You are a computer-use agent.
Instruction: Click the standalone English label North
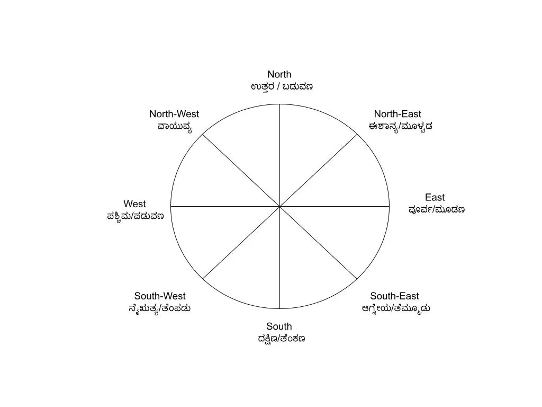(x=279, y=75)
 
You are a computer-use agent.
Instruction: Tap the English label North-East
(x=398, y=114)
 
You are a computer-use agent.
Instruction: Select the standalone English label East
(x=435, y=198)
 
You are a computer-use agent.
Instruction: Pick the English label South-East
(x=394, y=296)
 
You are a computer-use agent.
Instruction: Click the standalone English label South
(x=279, y=326)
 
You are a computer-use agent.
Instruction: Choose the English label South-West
(x=160, y=296)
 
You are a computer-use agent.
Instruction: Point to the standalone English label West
(x=134, y=204)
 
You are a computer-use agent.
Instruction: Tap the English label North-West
(x=174, y=114)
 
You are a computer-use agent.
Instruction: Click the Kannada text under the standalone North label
(x=282, y=86)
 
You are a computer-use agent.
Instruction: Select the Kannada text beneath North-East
(x=400, y=126)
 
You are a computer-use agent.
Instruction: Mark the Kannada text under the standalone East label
(x=437, y=209)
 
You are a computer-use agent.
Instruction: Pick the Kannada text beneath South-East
(x=395, y=308)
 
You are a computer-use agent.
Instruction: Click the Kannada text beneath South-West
(x=159, y=308)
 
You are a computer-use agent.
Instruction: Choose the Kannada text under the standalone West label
(x=135, y=216)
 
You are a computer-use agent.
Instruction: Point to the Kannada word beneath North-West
(x=175, y=126)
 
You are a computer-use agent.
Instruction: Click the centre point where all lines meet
(x=279, y=206)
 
